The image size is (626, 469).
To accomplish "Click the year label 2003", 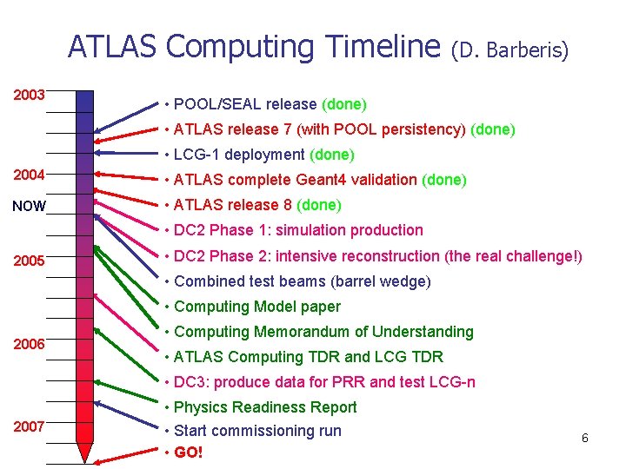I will pos(30,94).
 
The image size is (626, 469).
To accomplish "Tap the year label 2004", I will pos(30,175).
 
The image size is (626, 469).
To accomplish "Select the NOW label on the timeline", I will pos(28,207).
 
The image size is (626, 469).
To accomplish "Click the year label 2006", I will pos(30,344).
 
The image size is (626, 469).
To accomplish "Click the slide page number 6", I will pos(585,438).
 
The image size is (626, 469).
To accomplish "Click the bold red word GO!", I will pos(189,452).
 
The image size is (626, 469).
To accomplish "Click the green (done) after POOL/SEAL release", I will pos(344,104).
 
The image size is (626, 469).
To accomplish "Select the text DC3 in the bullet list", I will pos(192,382).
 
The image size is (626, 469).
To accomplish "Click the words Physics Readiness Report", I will pos(265,407).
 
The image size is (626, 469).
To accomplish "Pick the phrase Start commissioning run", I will pos(257,431).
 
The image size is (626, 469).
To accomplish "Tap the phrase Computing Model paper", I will pos(257,307).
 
